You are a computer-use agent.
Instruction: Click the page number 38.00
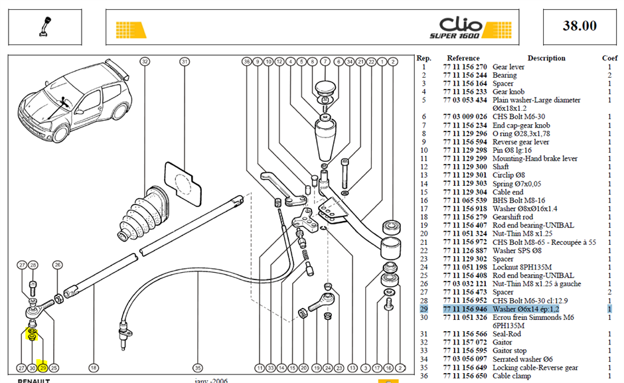[580, 26]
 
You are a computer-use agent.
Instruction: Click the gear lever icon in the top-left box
[45, 27]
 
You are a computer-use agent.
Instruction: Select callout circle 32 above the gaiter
[145, 62]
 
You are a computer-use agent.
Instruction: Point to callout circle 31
[185, 62]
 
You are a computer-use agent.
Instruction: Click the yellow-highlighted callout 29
[43, 368]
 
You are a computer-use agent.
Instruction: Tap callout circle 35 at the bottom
[197, 368]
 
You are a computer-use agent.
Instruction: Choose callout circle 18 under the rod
[94, 368]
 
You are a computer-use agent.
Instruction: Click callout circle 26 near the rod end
[58, 265]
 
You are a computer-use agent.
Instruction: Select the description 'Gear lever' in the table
[508, 67]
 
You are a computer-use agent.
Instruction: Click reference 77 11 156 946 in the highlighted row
[465, 309]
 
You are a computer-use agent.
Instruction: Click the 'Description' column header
[546, 58]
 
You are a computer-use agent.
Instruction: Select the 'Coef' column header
[609, 58]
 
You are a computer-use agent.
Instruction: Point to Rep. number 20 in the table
[424, 234]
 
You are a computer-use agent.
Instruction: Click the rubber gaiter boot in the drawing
[143, 213]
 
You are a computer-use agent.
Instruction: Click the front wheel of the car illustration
[60, 133]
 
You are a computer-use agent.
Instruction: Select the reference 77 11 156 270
[465, 67]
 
